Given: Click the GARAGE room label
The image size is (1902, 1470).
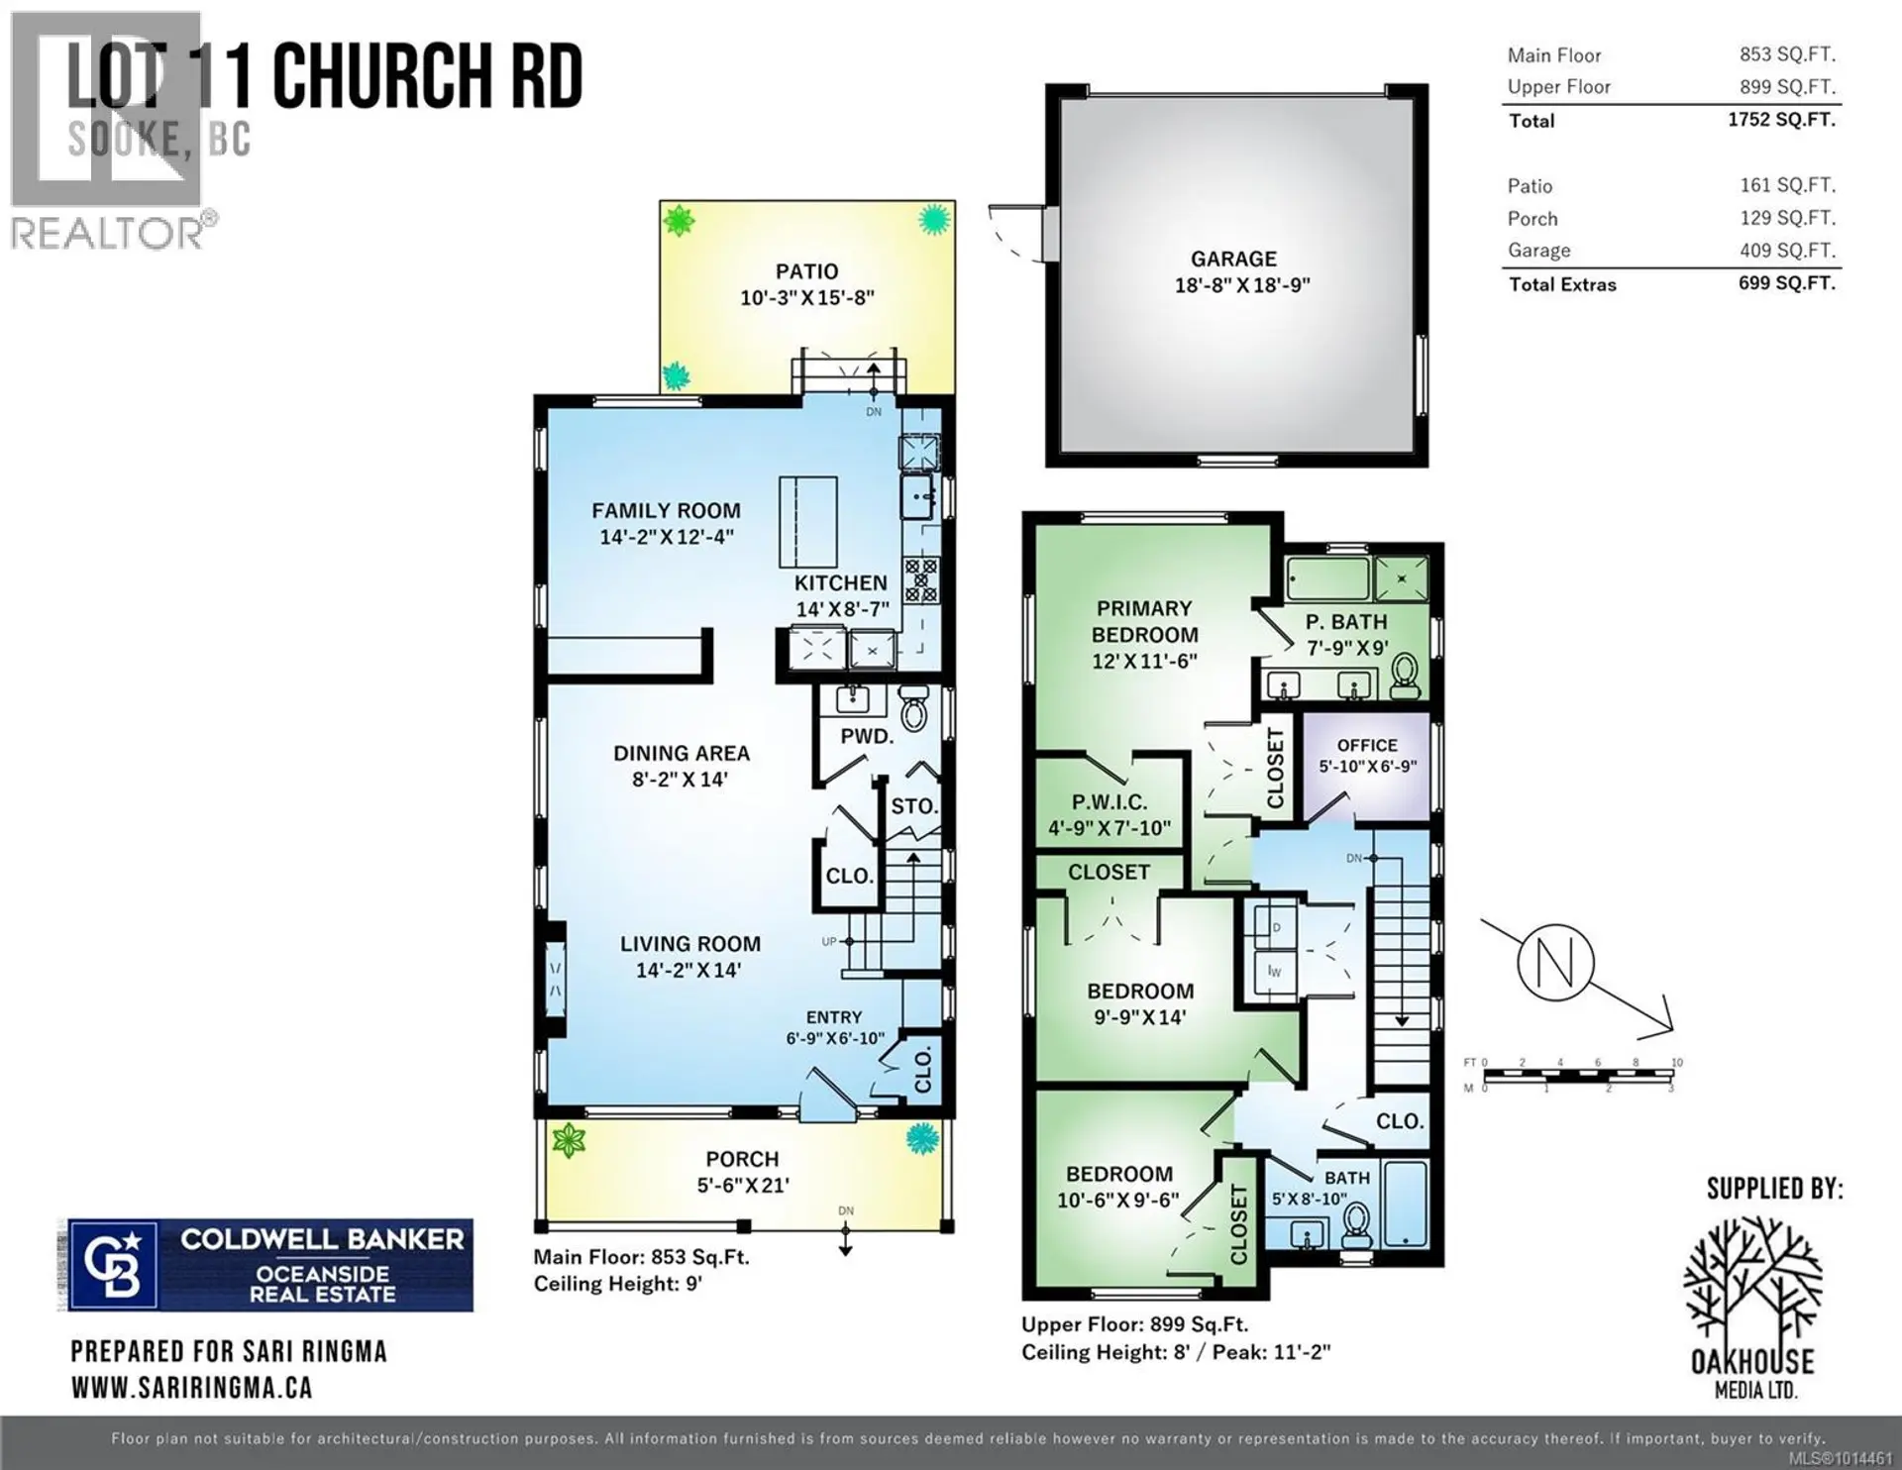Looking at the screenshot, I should coord(1233,259).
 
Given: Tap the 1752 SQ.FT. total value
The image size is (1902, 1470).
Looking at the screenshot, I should coord(1781,120).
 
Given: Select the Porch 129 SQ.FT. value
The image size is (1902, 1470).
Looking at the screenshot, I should coord(1787,218).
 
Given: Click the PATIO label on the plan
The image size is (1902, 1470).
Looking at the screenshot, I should coord(806,271).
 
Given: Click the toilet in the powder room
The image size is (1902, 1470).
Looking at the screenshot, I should coord(912,708).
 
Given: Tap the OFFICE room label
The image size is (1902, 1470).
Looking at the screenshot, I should coord(1367,745).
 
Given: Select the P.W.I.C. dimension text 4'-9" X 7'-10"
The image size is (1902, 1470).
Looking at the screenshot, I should coord(1109,828).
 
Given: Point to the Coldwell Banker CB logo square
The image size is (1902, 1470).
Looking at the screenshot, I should coord(111,1265).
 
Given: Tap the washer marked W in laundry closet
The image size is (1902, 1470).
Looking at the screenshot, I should coord(1274,970).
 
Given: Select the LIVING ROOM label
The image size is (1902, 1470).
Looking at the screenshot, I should coord(690,944).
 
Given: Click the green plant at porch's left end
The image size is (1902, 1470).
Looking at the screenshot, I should coord(569,1140).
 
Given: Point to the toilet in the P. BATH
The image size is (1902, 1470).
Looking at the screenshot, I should coord(1405,678).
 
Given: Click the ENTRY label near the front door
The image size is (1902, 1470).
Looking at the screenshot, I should coord(833,1017).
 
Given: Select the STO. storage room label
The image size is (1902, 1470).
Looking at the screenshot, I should coord(913,806).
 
